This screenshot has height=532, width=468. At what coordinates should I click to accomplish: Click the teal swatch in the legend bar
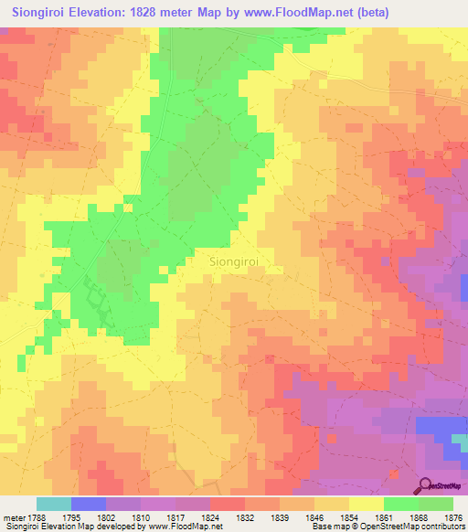coord(53,504)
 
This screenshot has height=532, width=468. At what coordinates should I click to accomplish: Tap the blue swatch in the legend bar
coord(89,504)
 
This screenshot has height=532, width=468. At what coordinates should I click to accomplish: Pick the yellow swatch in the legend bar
coord(366,504)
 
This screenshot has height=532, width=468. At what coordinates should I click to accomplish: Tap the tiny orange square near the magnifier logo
coord(393,473)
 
